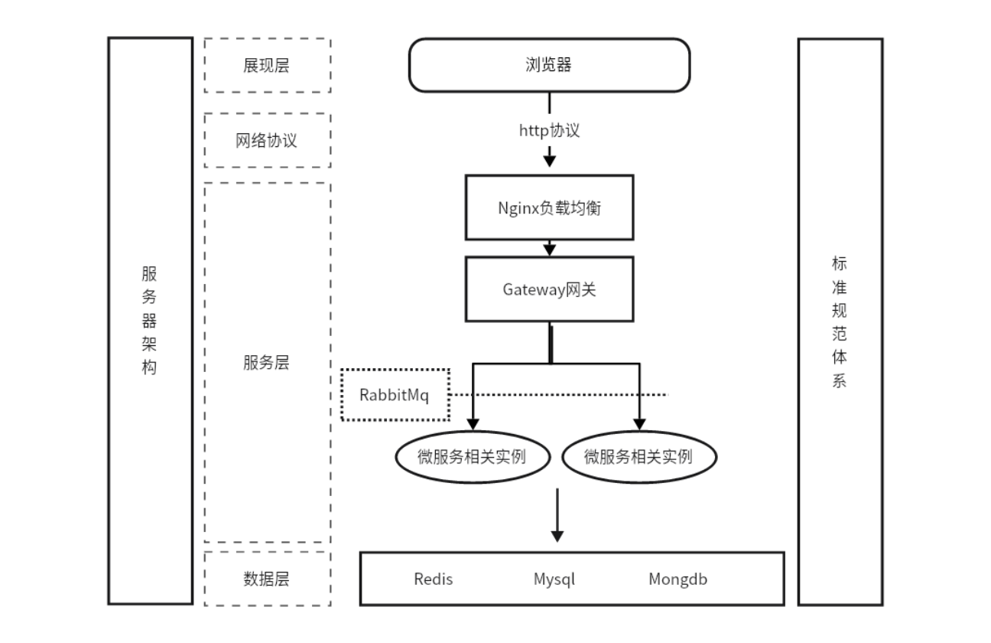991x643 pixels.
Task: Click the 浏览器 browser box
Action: coord(549,65)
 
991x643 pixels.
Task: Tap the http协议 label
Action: coord(549,130)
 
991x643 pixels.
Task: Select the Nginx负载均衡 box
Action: coord(549,207)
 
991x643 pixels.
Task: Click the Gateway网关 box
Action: coord(549,289)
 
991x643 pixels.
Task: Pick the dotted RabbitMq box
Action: coord(395,395)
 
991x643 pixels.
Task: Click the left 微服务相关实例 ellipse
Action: coord(473,457)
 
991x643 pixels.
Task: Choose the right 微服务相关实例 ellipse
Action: coord(639,457)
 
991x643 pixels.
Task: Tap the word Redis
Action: coord(434,579)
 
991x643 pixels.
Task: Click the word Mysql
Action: coord(554,579)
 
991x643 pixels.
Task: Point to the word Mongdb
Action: coord(677,579)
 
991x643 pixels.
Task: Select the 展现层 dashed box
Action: coord(267,65)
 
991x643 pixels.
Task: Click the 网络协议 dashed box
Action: coord(267,141)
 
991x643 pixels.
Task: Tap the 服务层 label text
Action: coord(267,363)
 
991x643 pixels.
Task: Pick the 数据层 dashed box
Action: coord(267,579)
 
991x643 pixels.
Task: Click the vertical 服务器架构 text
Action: coord(149,321)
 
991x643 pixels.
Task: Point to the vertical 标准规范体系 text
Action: coord(839,321)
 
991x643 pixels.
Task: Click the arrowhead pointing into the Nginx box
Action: coord(549,161)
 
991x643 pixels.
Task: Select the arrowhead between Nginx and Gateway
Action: coord(549,249)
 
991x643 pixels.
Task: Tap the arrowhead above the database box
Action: coord(557,535)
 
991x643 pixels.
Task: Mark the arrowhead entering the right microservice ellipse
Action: coord(639,423)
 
